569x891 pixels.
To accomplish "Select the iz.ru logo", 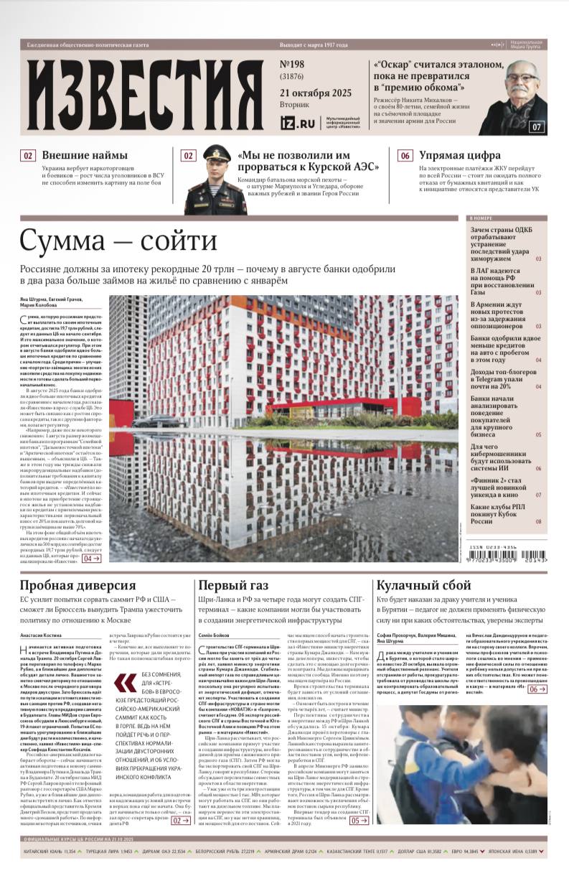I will point(297,123).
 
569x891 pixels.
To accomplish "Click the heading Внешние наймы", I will point(85,155).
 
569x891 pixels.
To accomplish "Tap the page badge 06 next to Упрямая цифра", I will point(405,155).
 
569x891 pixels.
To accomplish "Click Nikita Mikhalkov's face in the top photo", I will point(518,81).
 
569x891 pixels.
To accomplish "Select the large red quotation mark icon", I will point(126,681).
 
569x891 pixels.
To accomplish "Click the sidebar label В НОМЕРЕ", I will point(480,218).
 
